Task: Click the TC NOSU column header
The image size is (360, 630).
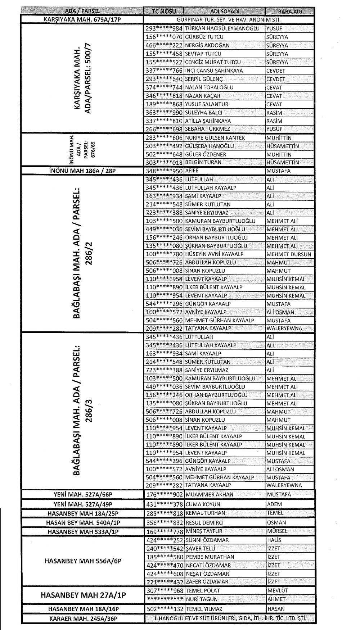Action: (x=163, y=11)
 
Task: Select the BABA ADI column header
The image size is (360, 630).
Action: (x=290, y=11)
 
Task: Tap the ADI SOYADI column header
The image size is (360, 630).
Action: (x=224, y=11)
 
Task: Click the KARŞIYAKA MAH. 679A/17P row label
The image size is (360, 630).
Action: (x=82, y=19)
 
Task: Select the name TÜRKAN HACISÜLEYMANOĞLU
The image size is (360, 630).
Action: (x=222, y=28)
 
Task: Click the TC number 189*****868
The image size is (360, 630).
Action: (x=164, y=104)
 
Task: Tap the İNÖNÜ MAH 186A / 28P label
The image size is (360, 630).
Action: (x=82, y=171)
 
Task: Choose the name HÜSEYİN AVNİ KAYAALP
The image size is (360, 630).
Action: (x=214, y=254)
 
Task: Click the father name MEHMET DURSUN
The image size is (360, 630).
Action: (x=289, y=254)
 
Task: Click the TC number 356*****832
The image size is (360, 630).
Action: (x=164, y=522)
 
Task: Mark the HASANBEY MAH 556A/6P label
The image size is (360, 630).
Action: (x=83, y=561)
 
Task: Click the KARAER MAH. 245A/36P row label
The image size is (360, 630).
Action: (x=83, y=619)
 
